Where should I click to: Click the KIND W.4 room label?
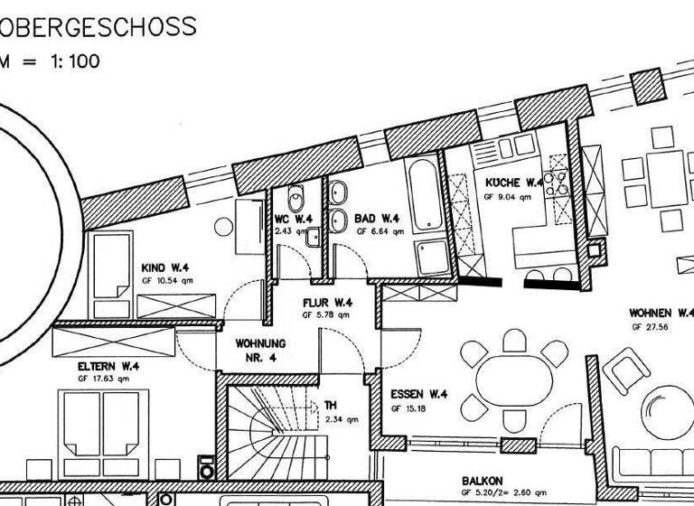tap(165, 268)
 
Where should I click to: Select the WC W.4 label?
tap(294, 219)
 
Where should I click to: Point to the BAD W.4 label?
tap(378, 219)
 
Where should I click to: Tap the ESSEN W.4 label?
tap(420, 395)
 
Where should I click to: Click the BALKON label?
tap(482, 481)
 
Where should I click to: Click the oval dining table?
tap(511, 376)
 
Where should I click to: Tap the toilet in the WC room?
tap(295, 200)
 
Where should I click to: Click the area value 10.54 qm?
tap(166, 281)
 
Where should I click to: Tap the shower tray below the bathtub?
tap(427, 258)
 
